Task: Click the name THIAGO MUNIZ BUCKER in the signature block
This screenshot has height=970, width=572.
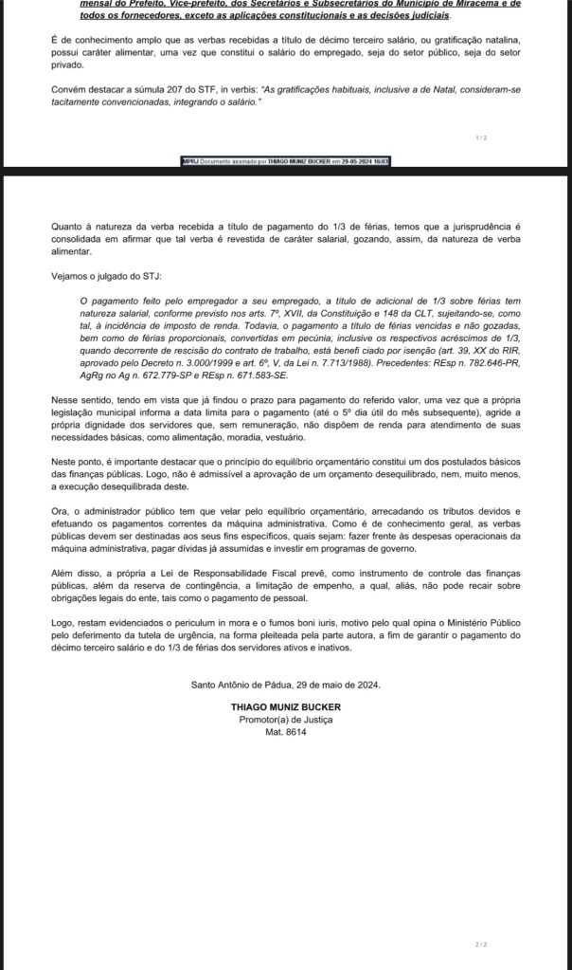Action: click(x=285, y=706)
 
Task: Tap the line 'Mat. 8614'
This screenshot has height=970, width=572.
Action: click(x=285, y=733)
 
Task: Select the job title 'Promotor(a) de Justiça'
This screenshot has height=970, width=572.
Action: click(x=285, y=720)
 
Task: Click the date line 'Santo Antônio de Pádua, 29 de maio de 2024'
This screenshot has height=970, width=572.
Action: click(x=285, y=684)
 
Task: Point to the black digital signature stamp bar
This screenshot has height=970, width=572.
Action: click(x=286, y=162)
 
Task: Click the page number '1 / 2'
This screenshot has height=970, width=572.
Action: click(x=482, y=137)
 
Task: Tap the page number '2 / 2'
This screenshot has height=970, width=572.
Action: click(x=481, y=944)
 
